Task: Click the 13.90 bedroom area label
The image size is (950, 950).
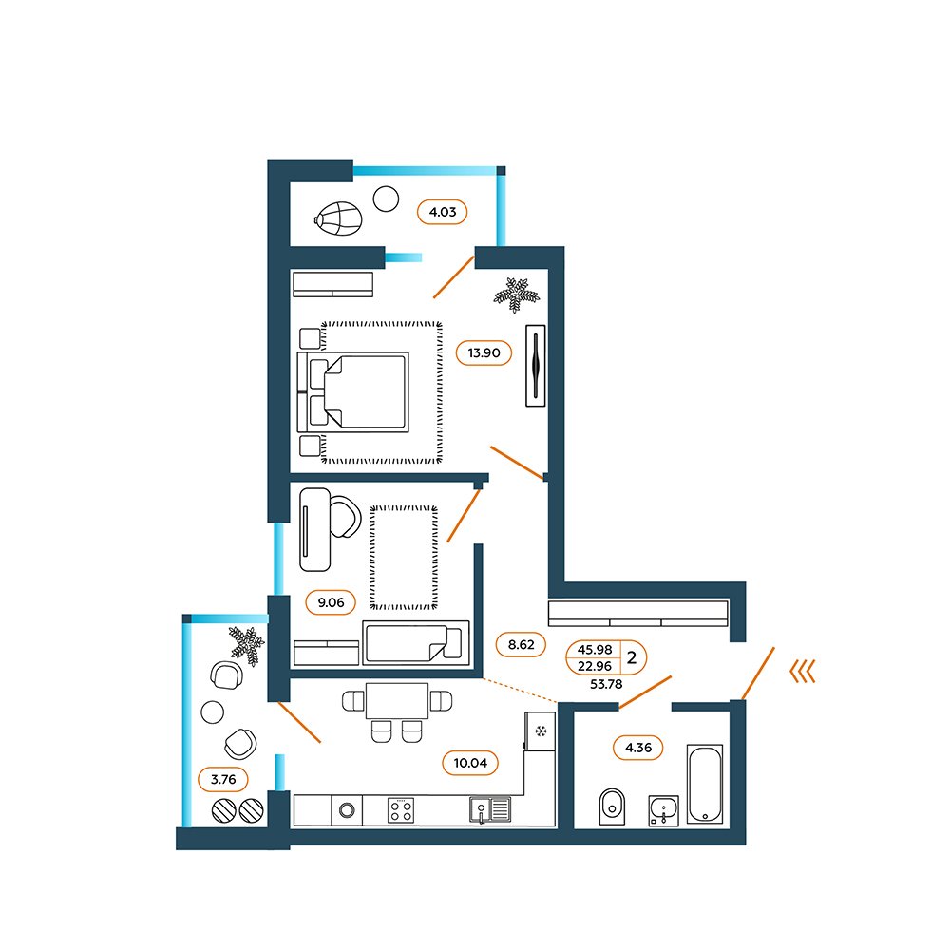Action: point(484,352)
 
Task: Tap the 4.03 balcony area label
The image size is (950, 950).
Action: point(443,212)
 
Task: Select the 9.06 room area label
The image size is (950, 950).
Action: point(331,602)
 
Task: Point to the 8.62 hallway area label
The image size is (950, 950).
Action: point(521,645)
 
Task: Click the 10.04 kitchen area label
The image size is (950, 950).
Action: point(470,763)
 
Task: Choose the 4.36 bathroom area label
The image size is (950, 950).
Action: point(638,748)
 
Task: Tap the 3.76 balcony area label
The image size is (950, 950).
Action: point(223,779)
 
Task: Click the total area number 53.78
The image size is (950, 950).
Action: point(606,684)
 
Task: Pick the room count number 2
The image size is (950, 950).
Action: point(632,657)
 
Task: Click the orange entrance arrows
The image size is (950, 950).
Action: point(803,672)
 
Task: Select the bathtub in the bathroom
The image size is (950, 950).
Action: point(705,784)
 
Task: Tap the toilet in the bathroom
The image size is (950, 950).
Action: point(612,807)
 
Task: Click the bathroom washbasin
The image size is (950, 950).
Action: point(663,810)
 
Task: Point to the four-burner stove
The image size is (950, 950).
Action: point(401,810)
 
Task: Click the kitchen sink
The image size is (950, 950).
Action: point(490,810)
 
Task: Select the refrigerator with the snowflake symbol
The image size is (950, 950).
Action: point(541,731)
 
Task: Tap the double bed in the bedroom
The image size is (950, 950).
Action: point(353,392)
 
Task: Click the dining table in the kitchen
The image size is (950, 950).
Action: point(397,701)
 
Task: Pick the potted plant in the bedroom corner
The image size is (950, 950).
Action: point(516,294)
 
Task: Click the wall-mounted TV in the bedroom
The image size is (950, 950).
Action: point(536,366)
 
